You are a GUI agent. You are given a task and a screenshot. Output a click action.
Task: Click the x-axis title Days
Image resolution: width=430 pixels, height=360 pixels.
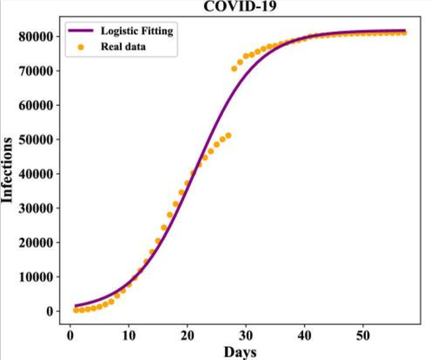pos(240,351)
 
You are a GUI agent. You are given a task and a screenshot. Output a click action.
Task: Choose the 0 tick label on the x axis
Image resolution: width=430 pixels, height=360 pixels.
pos(70,332)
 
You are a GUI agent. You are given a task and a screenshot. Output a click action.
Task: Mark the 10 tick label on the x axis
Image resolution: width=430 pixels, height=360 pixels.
pos(129,332)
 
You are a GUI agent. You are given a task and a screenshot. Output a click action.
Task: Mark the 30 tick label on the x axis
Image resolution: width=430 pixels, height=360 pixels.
pos(246,332)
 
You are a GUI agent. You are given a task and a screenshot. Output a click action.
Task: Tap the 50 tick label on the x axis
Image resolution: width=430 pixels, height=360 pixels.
pos(363,332)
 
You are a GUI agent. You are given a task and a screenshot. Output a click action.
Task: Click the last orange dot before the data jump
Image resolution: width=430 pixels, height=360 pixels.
pos(228,136)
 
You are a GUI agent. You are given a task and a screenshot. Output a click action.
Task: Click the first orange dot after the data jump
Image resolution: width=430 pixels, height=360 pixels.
pos(235,68)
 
